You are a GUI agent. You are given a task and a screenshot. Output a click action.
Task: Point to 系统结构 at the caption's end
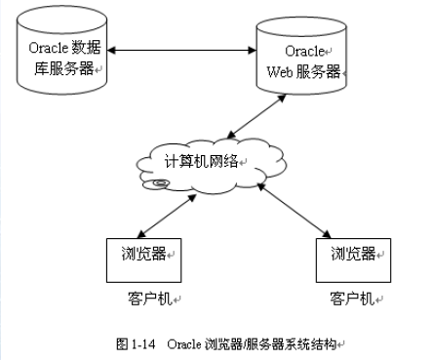pyautogui.click(x=316, y=343)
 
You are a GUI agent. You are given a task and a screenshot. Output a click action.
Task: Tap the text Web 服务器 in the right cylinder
pyautogui.click(x=302, y=70)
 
